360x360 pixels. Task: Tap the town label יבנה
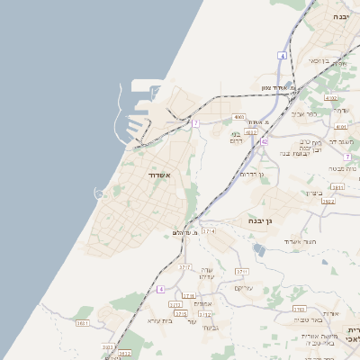pyautogui.click(x=339, y=17)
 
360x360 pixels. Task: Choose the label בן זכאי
pyautogui.click(x=319, y=60)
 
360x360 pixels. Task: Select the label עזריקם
pyautogui.click(x=243, y=288)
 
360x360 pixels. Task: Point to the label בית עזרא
pyautogui.click(x=159, y=319)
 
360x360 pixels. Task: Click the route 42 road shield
pyautogui.click(x=265, y=141)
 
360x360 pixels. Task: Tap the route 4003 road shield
pyautogui.click(x=238, y=117)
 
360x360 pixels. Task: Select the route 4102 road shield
pyautogui.click(x=330, y=97)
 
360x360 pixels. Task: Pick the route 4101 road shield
pyautogui.click(x=340, y=128)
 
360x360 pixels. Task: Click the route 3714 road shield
pyautogui.click(x=210, y=231)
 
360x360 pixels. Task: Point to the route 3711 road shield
pyautogui.click(x=241, y=271)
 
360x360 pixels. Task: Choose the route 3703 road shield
pyautogui.click(x=299, y=309)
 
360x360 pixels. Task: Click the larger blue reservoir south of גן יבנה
pyautogui.click(x=259, y=250)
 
